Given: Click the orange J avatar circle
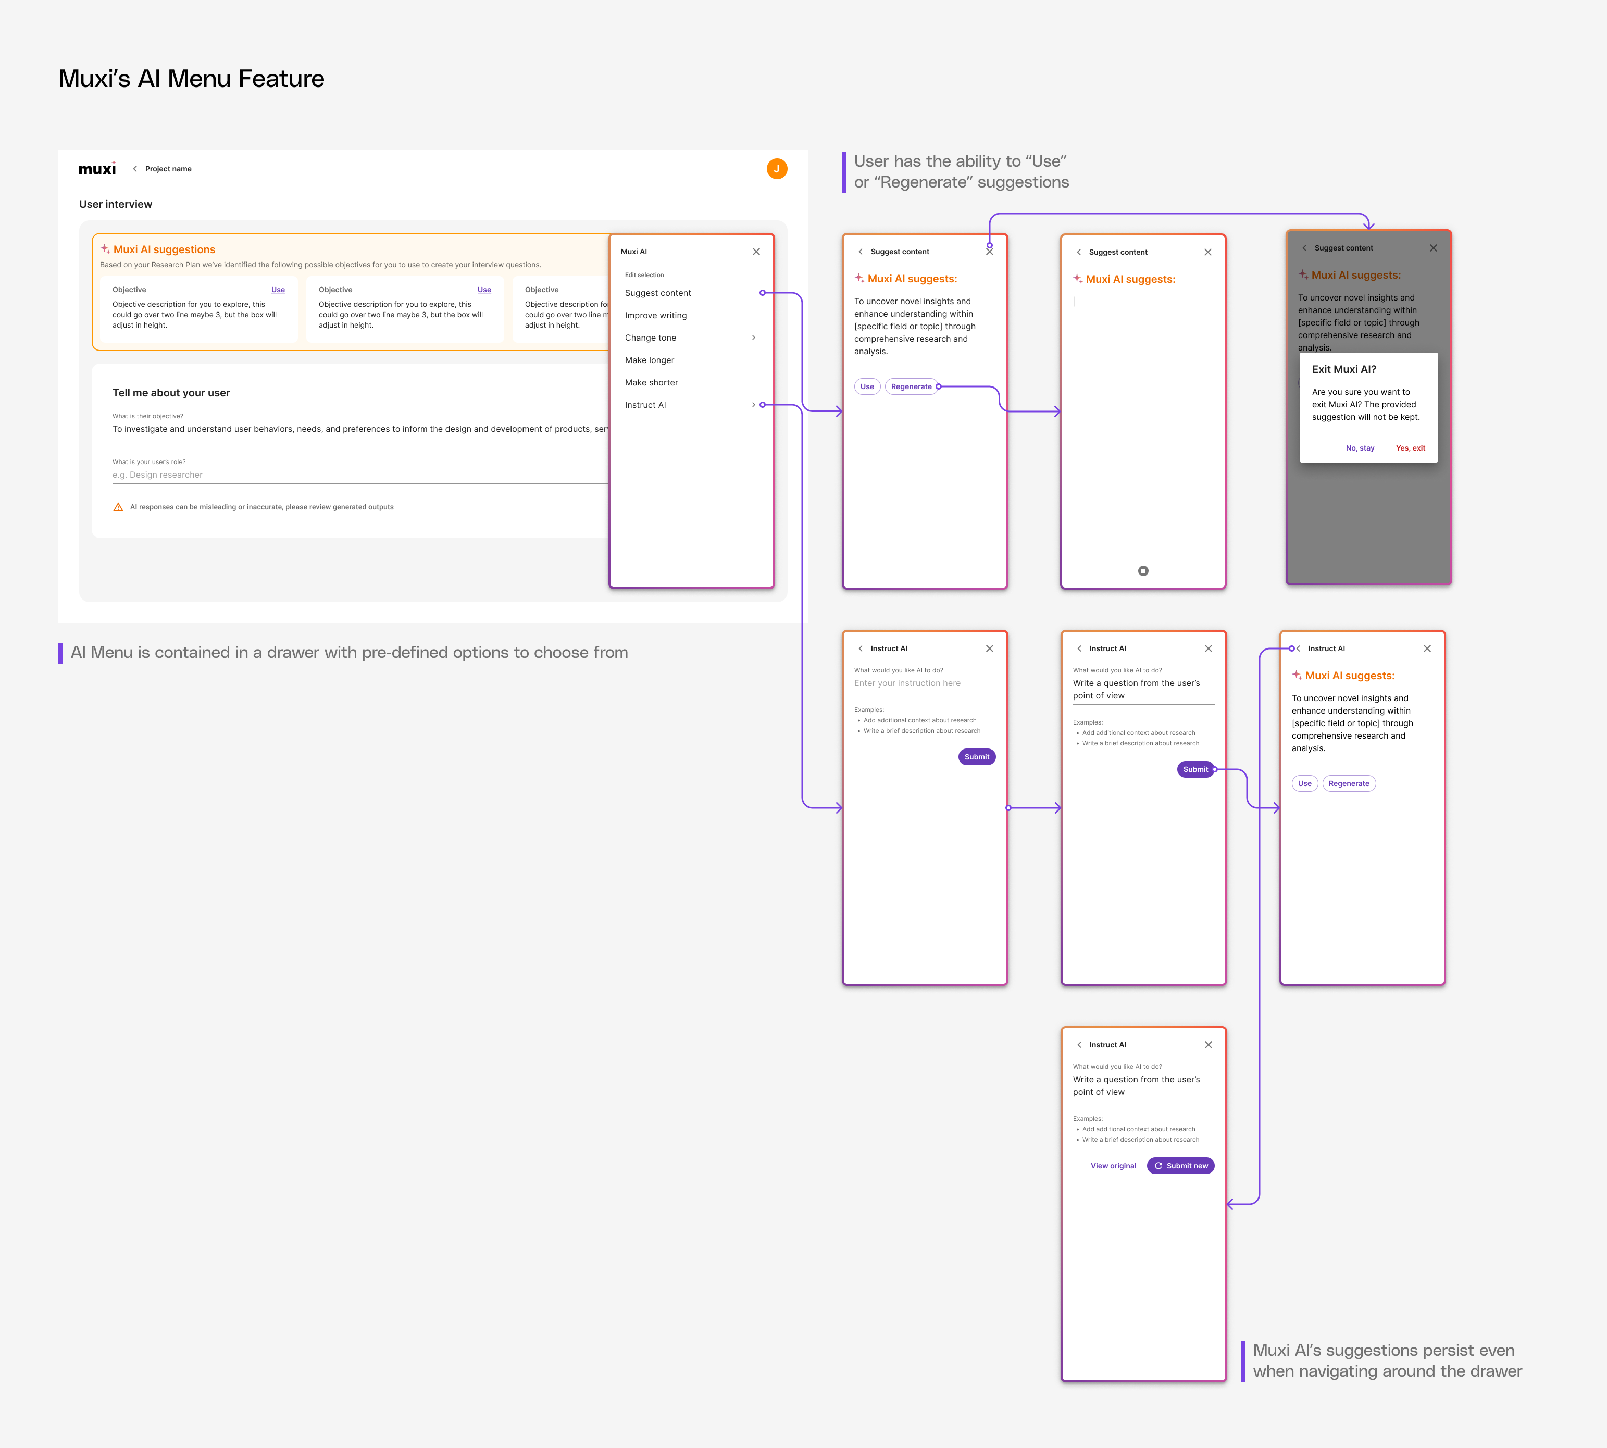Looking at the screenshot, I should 777,169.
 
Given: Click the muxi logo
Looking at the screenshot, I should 97,169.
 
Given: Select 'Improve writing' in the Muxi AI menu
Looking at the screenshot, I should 655,315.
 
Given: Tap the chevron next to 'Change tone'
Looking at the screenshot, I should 753,338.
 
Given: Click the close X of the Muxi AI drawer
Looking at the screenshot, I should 756,252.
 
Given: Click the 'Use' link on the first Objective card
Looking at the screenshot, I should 278,290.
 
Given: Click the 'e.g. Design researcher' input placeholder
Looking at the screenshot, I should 157,475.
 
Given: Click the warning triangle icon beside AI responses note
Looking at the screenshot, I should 118,507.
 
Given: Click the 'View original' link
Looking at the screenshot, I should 1113,1166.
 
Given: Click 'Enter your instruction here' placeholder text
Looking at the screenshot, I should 907,683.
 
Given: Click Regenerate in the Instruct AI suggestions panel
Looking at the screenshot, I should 1349,784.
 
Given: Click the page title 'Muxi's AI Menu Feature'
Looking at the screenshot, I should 191,79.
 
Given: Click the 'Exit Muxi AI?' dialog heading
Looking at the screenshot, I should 1343,369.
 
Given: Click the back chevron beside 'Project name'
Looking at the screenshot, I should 135,169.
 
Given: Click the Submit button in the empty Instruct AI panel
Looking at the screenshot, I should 976,757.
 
